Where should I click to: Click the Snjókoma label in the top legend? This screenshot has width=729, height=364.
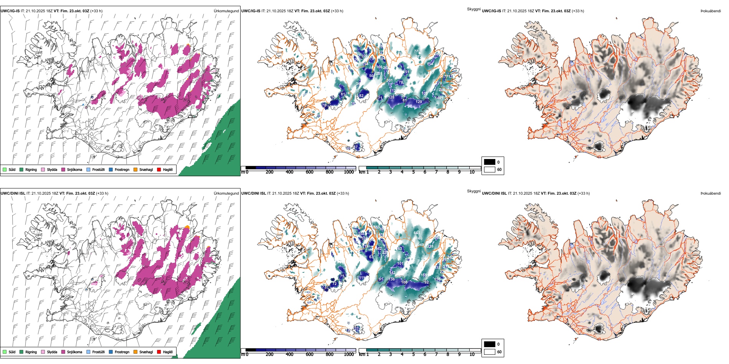click(x=74, y=170)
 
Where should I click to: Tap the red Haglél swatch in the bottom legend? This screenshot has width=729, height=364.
click(x=159, y=352)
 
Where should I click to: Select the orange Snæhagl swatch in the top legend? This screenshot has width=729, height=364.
click(x=135, y=170)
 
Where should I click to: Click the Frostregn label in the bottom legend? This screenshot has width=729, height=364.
click(x=122, y=352)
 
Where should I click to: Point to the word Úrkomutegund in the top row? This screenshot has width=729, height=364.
click(x=226, y=11)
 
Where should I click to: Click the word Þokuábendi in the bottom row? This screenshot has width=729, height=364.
click(x=711, y=193)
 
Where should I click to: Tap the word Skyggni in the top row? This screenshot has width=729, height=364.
click(x=473, y=9)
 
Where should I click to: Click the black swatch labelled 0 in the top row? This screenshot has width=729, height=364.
click(x=490, y=162)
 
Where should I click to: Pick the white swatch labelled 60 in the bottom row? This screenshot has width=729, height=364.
click(x=490, y=352)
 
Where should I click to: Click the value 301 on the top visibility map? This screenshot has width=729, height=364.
click(x=389, y=80)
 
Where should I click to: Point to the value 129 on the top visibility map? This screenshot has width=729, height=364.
click(x=419, y=102)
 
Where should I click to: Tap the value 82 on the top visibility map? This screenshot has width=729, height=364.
click(x=361, y=96)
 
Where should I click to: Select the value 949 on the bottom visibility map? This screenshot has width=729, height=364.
click(x=421, y=245)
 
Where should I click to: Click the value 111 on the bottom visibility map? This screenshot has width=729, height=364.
click(x=362, y=278)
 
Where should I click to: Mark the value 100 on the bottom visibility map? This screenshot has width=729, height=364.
click(x=404, y=282)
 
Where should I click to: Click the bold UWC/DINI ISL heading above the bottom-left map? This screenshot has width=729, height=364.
click(x=13, y=193)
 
